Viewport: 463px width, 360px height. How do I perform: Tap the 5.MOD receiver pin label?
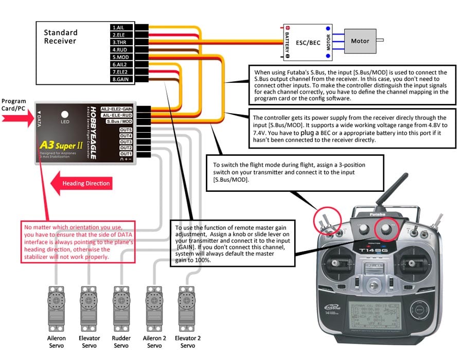120,57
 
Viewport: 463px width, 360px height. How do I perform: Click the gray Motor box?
363,41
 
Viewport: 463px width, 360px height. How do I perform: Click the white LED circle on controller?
65,115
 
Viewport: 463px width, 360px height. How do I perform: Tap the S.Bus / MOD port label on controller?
119,121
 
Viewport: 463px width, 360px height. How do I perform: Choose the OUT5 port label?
126,130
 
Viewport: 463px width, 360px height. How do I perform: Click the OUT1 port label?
126,154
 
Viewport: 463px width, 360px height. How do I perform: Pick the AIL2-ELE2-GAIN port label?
117,109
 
